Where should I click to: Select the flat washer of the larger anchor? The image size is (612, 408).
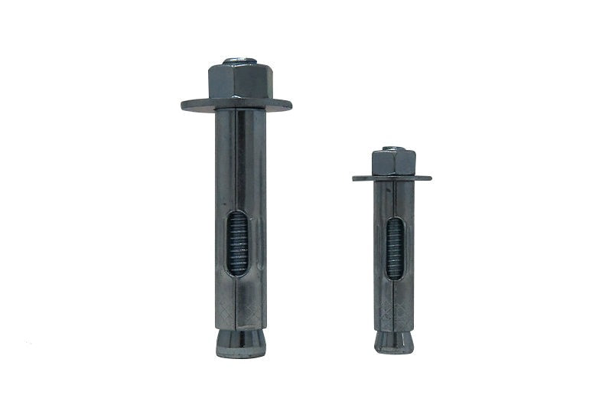click(x=236, y=104)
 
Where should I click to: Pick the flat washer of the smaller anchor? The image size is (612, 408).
click(x=392, y=178)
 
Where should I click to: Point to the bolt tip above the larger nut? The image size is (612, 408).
click(x=237, y=59)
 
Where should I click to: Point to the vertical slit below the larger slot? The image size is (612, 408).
click(x=239, y=302)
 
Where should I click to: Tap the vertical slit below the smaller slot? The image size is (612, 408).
click(x=395, y=302)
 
